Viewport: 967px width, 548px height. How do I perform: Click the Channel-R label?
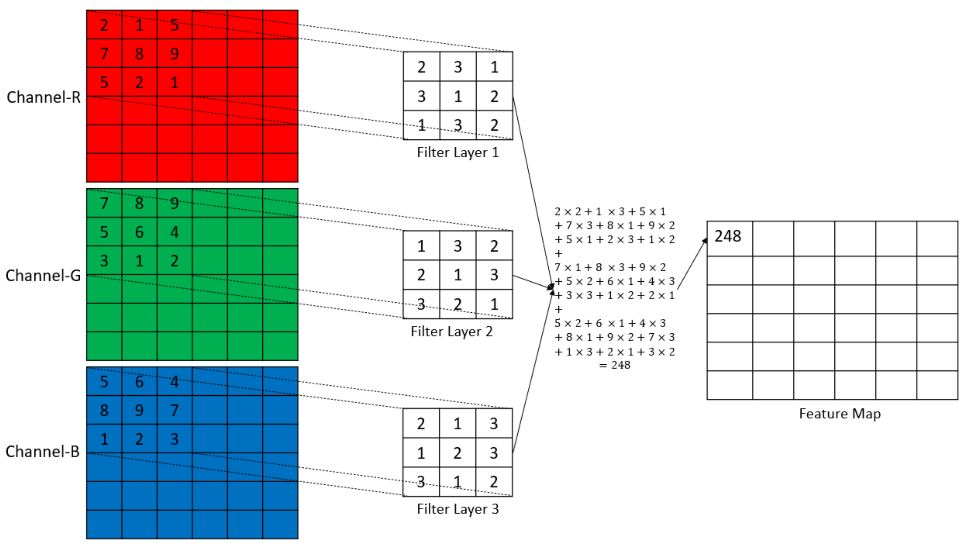pyautogui.click(x=44, y=97)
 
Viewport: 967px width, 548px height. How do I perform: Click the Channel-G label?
pyautogui.click(x=43, y=275)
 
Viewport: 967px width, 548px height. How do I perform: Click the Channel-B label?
pyautogui.click(x=43, y=451)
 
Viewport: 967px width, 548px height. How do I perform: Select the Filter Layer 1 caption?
pyautogui.click(x=458, y=152)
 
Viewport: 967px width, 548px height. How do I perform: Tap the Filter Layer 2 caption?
pyautogui.click(x=452, y=331)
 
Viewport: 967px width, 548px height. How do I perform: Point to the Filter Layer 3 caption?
pyautogui.click(x=458, y=509)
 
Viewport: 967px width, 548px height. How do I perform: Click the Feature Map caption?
pyautogui.click(x=839, y=414)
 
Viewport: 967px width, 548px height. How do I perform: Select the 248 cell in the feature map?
pyautogui.click(x=728, y=237)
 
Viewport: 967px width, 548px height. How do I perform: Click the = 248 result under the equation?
pyautogui.click(x=615, y=365)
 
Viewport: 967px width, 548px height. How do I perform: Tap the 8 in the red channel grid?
pyautogui.click(x=139, y=53)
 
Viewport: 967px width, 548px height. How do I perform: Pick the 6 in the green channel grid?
pyautogui.click(x=139, y=232)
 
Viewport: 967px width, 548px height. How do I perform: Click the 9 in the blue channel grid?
pyautogui.click(x=139, y=410)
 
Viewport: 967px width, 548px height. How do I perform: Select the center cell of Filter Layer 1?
pyautogui.click(x=458, y=96)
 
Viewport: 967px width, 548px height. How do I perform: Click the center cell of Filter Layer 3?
pyautogui.click(x=457, y=453)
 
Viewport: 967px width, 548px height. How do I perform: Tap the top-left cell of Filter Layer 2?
pyautogui.click(x=421, y=246)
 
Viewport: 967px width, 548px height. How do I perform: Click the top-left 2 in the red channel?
pyautogui.click(x=104, y=25)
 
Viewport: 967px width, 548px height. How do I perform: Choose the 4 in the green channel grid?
pyautogui.click(x=174, y=232)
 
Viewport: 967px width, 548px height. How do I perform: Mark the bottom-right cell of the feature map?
pyautogui.click(x=937, y=385)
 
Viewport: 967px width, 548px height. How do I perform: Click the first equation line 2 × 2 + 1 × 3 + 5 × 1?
pyautogui.click(x=610, y=211)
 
